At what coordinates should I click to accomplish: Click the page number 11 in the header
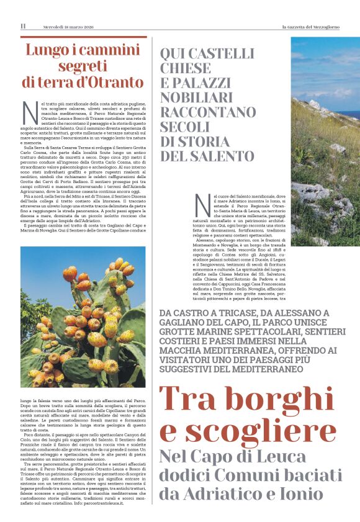[23, 26]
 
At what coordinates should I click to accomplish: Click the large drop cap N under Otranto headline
[30, 112]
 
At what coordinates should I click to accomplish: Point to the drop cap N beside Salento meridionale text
[202, 205]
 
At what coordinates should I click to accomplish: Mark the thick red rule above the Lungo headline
[84, 37]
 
